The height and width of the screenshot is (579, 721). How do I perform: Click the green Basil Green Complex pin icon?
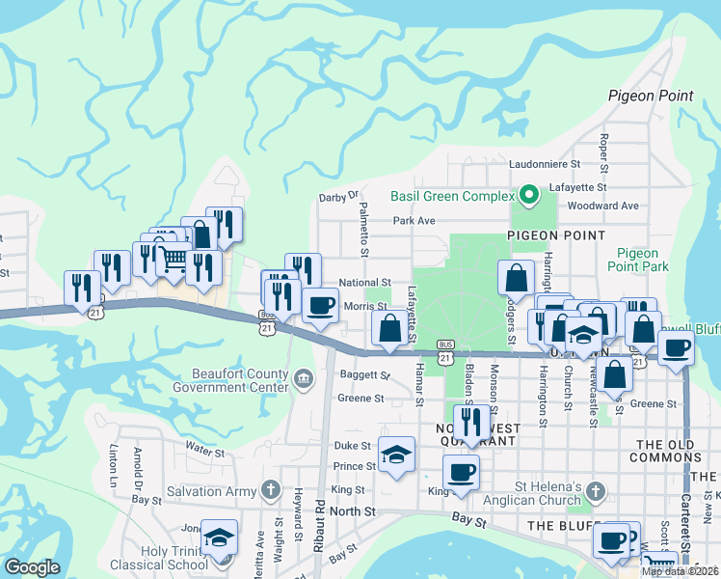[528, 197]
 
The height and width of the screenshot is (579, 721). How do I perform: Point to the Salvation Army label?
[211, 489]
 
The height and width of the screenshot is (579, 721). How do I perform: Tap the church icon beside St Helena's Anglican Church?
[596, 491]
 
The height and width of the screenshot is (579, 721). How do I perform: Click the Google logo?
[32, 567]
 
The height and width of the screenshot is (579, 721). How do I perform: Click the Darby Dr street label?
[338, 198]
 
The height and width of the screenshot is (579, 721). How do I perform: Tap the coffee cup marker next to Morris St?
[320, 305]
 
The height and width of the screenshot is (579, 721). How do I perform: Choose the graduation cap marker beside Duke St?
[396, 455]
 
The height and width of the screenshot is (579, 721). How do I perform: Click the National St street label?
[363, 284]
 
